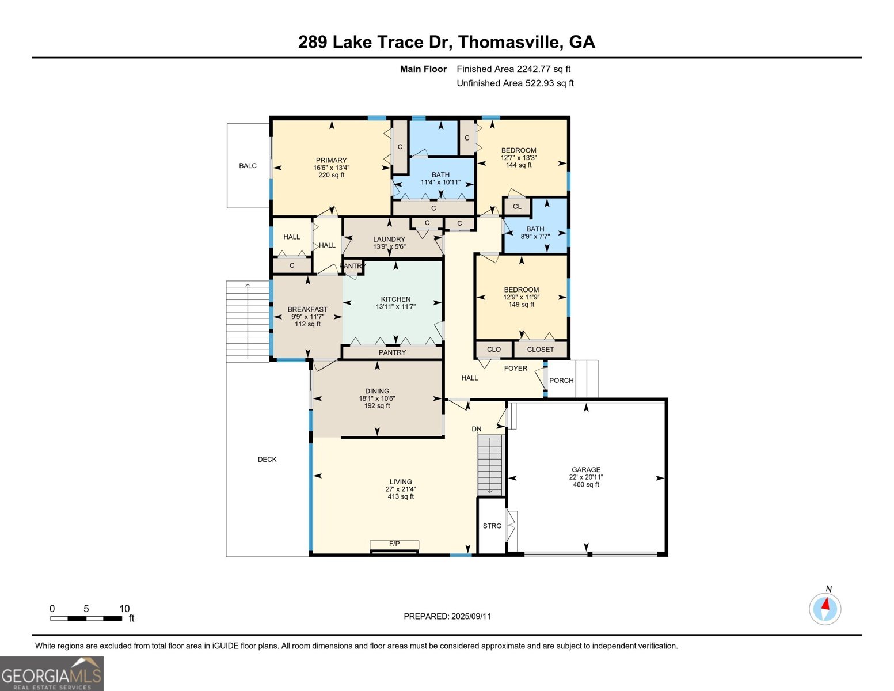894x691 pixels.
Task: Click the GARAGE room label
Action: pyautogui.click(x=586, y=469)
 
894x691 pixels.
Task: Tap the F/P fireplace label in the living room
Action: pyautogui.click(x=394, y=544)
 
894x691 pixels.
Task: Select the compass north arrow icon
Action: pyautogui.click(x=825, y=609)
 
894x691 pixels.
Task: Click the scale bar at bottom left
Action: pyautogui.click(x=86, y=618)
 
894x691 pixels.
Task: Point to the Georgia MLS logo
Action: pyautogui.click(x=51, y=674)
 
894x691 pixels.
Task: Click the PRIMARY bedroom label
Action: pyautogui.click(x=331, y=160)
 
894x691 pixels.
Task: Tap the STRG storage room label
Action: pyautogui.click(x=492, y=526)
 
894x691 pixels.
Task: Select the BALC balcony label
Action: pyautogui.click(x=248, y=166)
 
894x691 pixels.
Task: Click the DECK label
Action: pyautogui.click(x=267, y=460)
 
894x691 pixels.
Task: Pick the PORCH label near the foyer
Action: pyautogui.click(x=561, y=381)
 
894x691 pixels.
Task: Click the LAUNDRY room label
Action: pyautogui.click(x=389, y=239)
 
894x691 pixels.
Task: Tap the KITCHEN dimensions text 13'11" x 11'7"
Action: pyautogui.click(x=395, y=307)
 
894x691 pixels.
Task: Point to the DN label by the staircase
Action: pyautogui.click(x=477, y=429)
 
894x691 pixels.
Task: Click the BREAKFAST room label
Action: pyautogui.click(x=307, y=309)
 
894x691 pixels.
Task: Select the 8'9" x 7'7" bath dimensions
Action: pyautogui.click(x=535, y=236)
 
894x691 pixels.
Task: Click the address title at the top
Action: pyautogui.click(x=447, y=42)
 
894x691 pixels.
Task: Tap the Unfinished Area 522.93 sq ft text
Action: pyautogui.click(x=515, y=83)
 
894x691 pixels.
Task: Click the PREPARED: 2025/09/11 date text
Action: pyautogui.click(x=447, y=616)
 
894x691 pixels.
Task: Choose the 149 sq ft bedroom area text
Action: pyautogui.click(x=521, y=305)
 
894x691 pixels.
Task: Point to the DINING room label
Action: pyautogui.click(x=377, y=391)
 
